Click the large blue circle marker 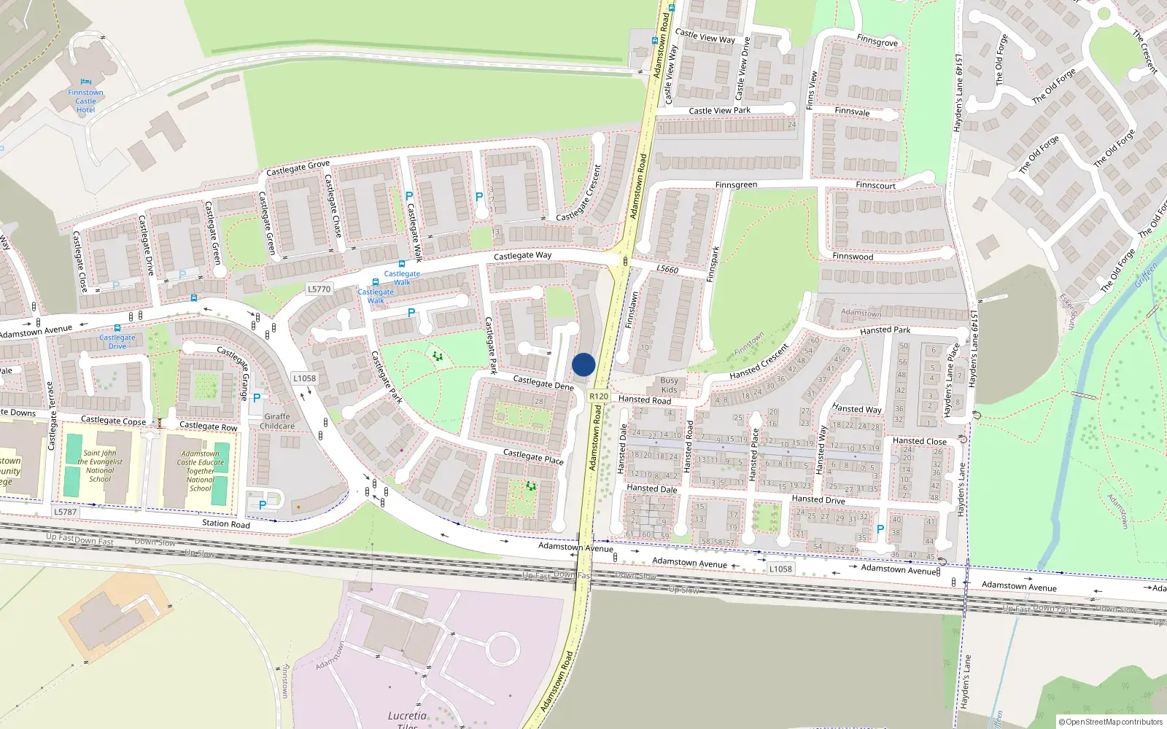coord(583,364)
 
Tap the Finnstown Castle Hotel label coord(85,101)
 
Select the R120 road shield coord(598,396)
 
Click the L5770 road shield coord(319,289)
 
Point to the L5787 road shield coord(65,512)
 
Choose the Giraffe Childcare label coord(277,421)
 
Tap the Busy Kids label coord(669,385)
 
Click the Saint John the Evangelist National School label coord(100,466)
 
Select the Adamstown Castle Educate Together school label coord(201,471)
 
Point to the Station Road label coord(225,523)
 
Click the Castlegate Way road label coord(522,256)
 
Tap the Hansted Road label coord(645,399)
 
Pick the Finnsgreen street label coord(736,185)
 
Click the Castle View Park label coord(719,111)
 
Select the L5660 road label coord(667,269)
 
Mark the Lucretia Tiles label coord(407,720)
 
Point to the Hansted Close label coord(919,441)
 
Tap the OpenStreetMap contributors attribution coord(1111,722)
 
